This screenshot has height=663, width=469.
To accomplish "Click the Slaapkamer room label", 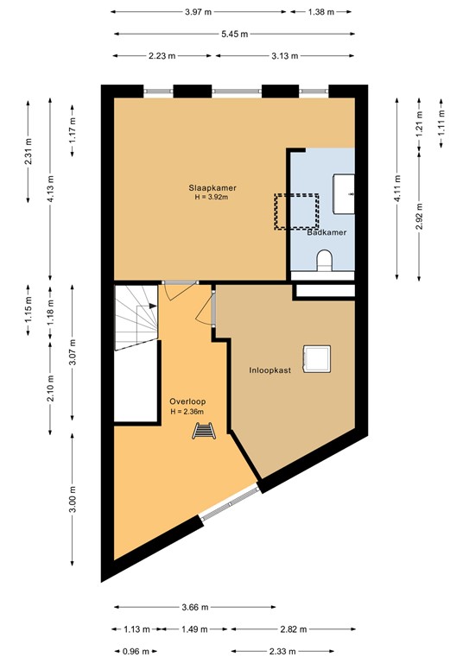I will click(213, 187).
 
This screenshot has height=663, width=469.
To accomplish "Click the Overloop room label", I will click(187, 401).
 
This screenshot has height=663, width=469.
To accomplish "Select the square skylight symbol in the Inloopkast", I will click(315, 357).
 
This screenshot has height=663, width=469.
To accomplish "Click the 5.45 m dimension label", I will click(233, 35).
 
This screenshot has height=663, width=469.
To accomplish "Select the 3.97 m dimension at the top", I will click(199, 12).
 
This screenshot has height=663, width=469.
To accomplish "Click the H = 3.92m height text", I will click(213, 198).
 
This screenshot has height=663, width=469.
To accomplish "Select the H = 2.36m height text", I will click(187, 412).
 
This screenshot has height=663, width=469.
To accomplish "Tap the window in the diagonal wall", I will click(230, 504).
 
